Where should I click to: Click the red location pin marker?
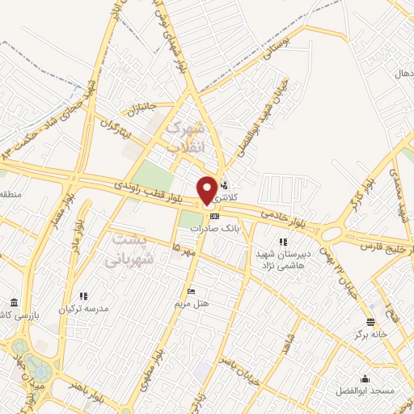[x=207, y=189]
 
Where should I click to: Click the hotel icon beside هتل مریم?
[x=191, y=291]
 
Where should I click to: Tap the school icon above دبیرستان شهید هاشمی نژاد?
[x=282, y=242]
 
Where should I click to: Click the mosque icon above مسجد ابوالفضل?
[x=364, y=378]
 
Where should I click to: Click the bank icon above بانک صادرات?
[x=213, y=216]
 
